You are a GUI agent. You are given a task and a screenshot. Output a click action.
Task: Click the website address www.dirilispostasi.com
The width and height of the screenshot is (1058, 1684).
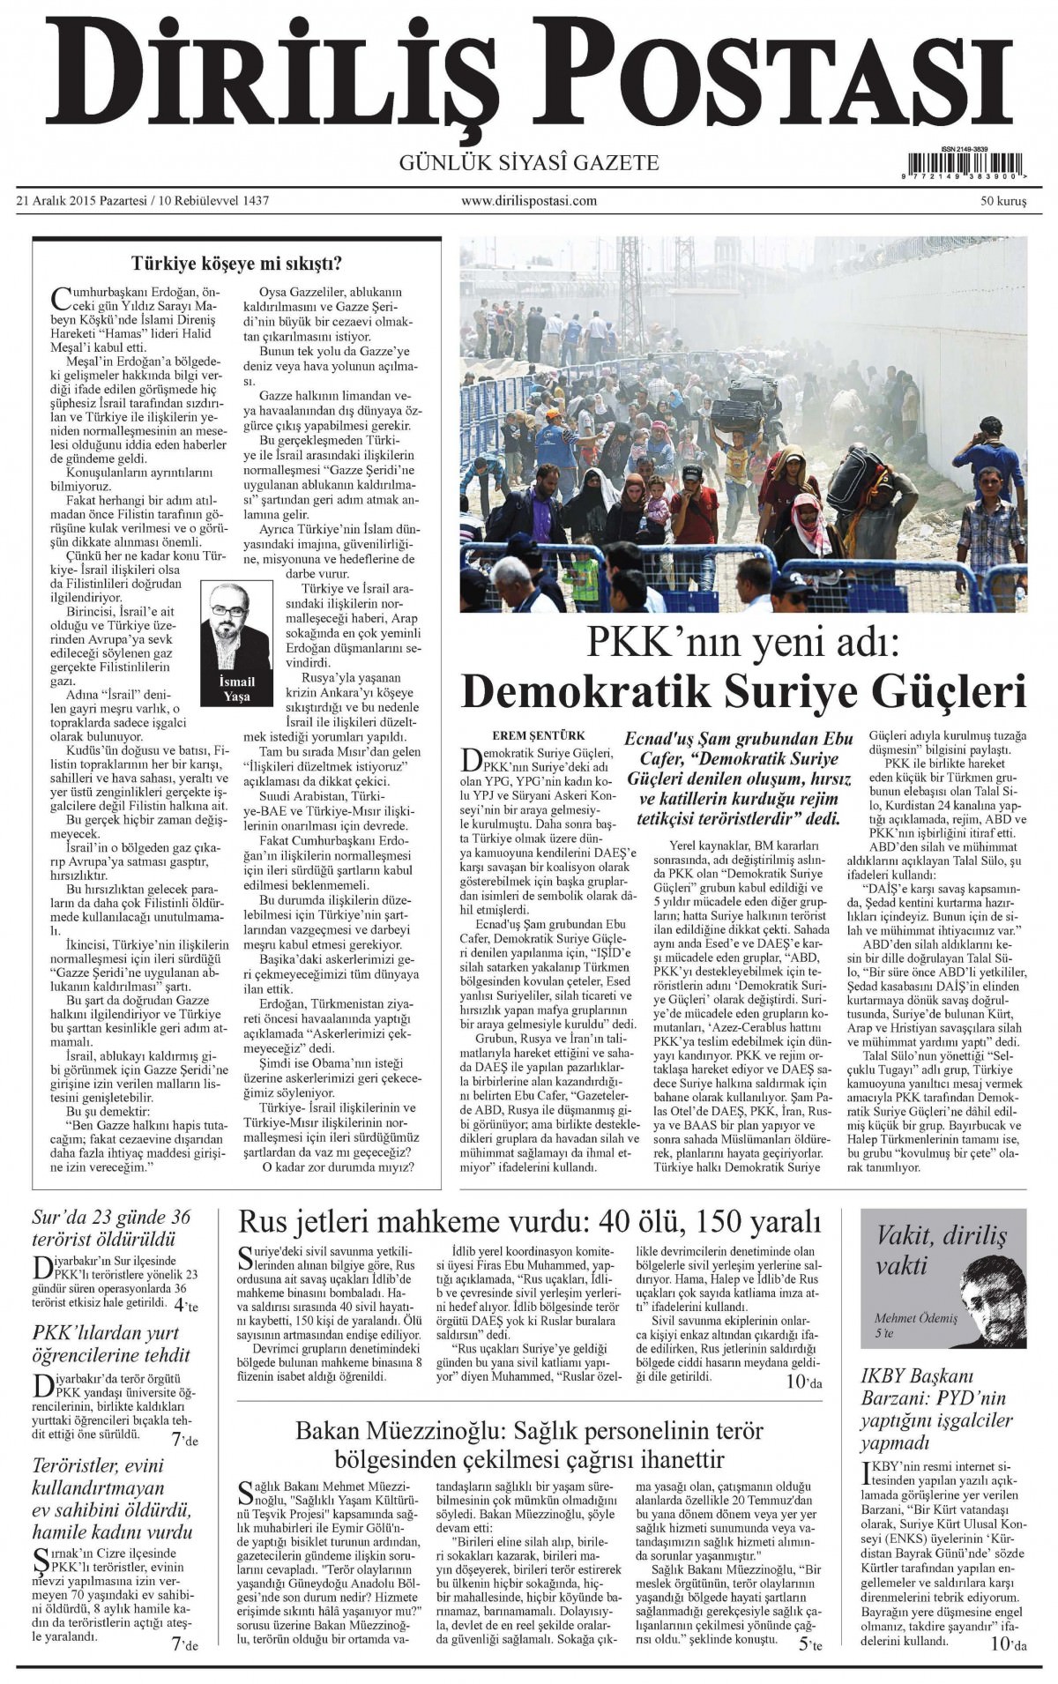click(529, 201)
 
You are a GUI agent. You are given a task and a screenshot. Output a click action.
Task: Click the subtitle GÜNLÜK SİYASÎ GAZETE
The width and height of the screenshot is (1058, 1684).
click(529, 162)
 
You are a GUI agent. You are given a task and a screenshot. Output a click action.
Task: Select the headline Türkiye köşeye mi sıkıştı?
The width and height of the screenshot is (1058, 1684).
click(236, 263)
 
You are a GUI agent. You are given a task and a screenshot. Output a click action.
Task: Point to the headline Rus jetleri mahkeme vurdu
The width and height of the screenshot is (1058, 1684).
click(529, 1223)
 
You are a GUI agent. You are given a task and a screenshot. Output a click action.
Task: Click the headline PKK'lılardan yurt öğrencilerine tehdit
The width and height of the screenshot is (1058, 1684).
click(112, 1343)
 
